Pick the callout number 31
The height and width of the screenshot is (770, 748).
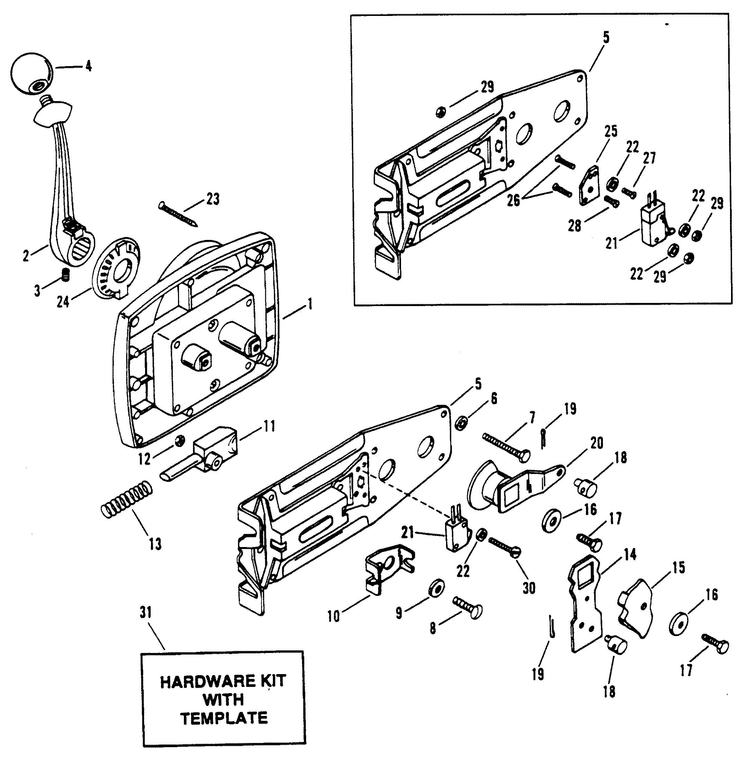pyautogui.click(x=145, y=613)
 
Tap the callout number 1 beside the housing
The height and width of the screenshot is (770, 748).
pyautogui.click(x=310, y=304)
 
